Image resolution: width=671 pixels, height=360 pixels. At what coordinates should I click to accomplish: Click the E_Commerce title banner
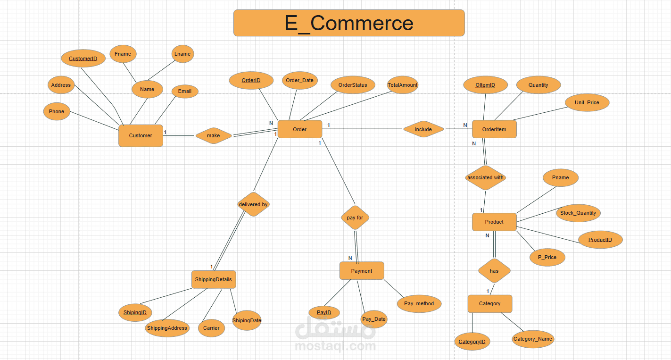349,23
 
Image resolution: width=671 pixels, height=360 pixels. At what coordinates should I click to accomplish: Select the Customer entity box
141,135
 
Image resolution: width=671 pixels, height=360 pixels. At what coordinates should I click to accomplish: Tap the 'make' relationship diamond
214,135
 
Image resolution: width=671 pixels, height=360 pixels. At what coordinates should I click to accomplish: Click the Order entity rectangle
299,129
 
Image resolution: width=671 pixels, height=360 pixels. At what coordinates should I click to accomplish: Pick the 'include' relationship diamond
423,129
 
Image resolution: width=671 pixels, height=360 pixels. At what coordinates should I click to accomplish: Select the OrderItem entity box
494,129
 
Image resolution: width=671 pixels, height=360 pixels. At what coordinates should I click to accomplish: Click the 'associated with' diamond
485,178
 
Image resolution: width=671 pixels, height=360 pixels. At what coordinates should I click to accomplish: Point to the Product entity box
494,222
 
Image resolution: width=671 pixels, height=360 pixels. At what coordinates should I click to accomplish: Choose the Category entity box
489,303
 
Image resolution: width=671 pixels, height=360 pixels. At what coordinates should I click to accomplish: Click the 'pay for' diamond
355,218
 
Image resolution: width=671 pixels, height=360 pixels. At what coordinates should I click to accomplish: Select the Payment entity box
362,271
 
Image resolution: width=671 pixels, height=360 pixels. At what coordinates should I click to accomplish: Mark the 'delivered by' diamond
253,204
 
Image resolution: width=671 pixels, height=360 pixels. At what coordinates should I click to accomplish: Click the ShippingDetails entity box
214,279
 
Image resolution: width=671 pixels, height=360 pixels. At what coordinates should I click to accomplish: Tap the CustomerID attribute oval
83,59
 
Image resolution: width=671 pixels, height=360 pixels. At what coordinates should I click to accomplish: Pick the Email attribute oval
185,92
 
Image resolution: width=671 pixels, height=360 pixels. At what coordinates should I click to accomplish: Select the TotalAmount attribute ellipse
403,85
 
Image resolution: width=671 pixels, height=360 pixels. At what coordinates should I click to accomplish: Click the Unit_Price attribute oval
587,102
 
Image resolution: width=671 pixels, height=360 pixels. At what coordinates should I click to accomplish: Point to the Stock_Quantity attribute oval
578,213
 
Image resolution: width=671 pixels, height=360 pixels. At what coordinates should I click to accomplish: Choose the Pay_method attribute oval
419,303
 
